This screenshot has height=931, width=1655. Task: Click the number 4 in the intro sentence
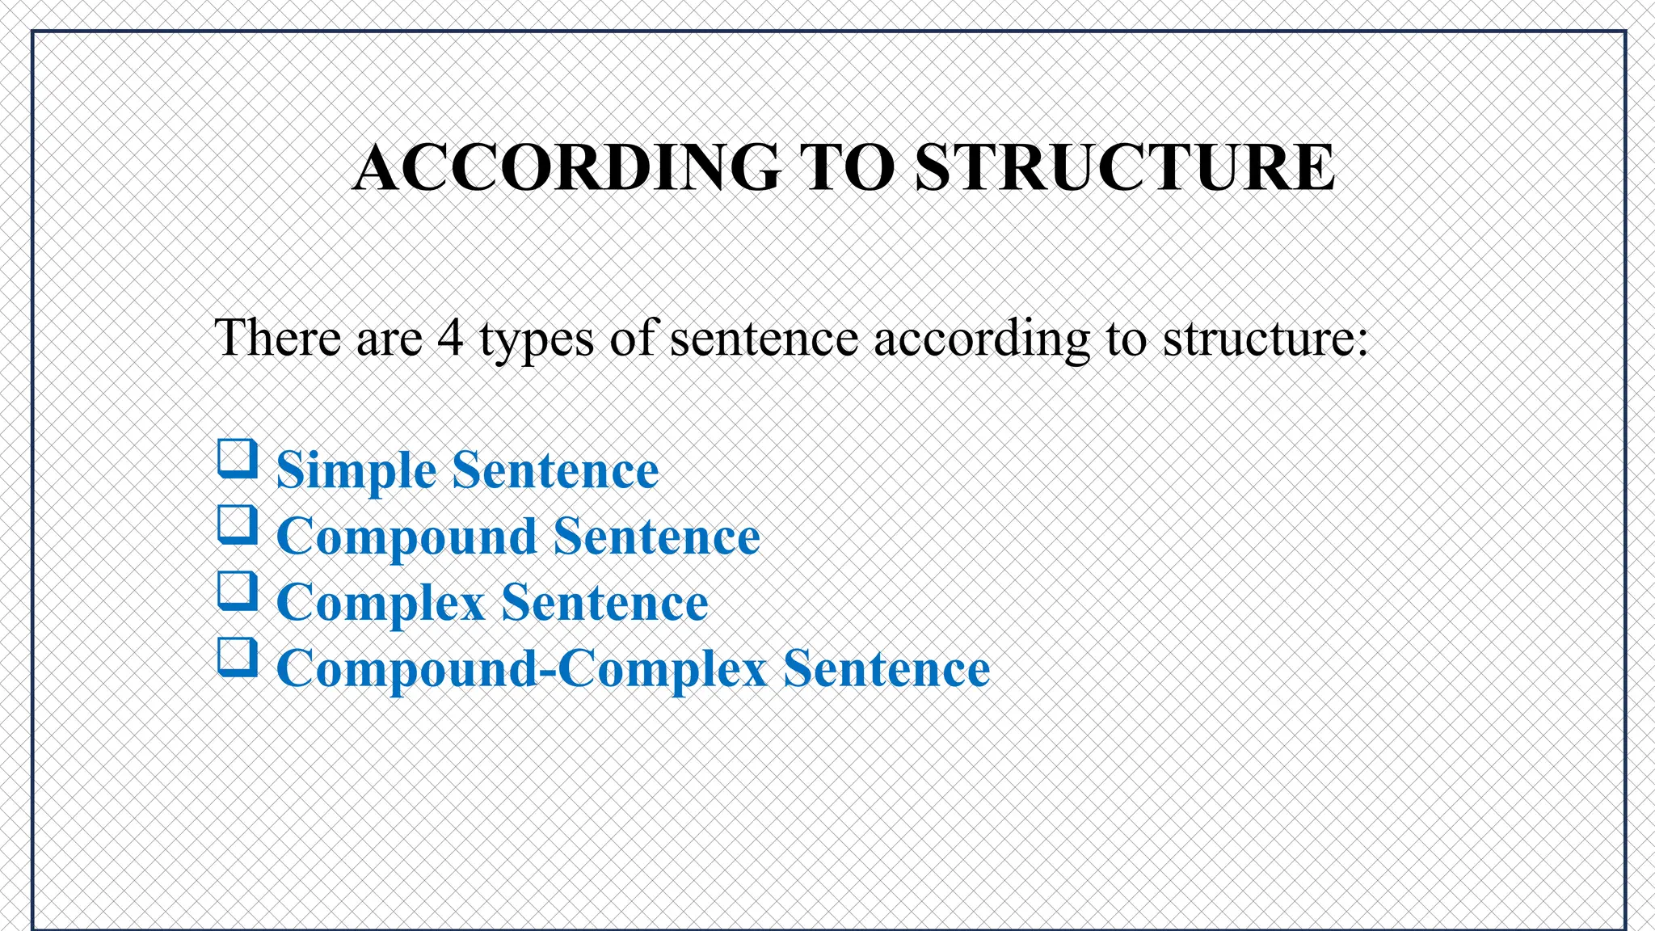(450, 338)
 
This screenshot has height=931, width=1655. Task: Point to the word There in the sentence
(277, 338)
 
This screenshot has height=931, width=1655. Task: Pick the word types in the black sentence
(537, 339)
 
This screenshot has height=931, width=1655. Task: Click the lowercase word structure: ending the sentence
(1265, 338)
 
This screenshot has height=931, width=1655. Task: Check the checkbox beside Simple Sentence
(238, 459)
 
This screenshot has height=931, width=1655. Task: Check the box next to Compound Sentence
(238, 525)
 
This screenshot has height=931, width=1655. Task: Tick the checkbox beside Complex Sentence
(238, 592)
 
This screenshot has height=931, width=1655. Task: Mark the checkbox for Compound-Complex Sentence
(238, 658)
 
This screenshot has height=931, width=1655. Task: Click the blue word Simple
(356, 470)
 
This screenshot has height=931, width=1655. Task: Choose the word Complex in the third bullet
(381, 603)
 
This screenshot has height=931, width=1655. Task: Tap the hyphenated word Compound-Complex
(521, 669)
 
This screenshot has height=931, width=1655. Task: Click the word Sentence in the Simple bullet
(555, 470)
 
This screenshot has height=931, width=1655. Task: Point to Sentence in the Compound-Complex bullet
(886, 669)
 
